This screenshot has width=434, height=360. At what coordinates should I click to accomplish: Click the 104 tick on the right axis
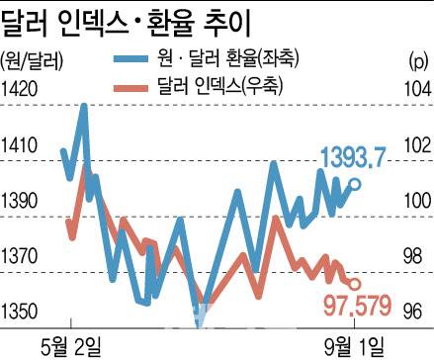tap(415, 89)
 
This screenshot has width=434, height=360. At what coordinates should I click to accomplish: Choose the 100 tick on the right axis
tap(415, 201)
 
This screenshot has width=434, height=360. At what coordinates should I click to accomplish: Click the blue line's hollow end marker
tap(356, 183)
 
